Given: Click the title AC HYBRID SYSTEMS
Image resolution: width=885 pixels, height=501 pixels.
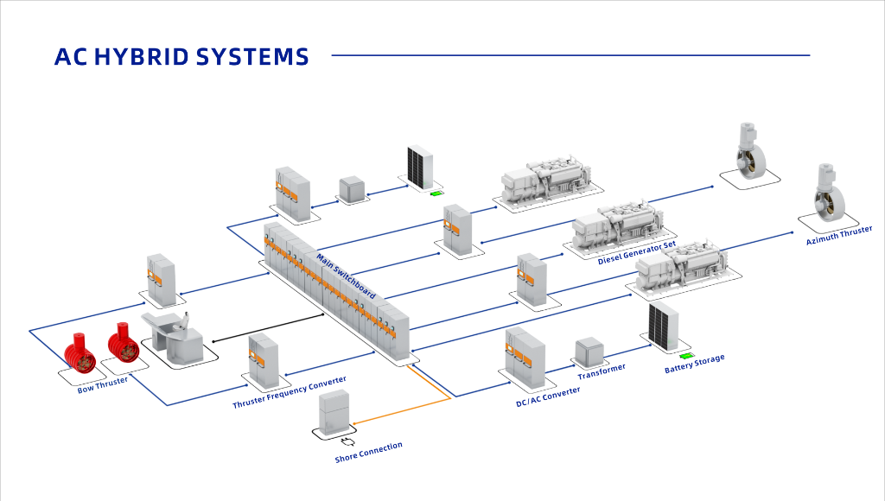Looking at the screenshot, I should tap(181, 57).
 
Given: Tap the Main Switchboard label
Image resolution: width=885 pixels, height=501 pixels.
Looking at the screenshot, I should tap(346, 276).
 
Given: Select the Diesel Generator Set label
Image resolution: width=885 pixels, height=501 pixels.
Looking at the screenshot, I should tap(636, 253).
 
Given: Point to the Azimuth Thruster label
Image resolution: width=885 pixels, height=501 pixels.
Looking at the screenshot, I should tap(838, 235).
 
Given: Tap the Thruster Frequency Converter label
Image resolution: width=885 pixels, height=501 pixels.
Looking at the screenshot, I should tap(290, 393).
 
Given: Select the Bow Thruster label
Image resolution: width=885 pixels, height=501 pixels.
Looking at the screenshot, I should tap(102, 385).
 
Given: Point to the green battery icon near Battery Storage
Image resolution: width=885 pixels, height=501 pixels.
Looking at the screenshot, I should tap(686, 355).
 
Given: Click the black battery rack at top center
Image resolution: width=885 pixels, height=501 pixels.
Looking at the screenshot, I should tap(420, 167).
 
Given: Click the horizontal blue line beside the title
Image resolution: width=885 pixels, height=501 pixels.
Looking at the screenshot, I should tap(570, 56).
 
